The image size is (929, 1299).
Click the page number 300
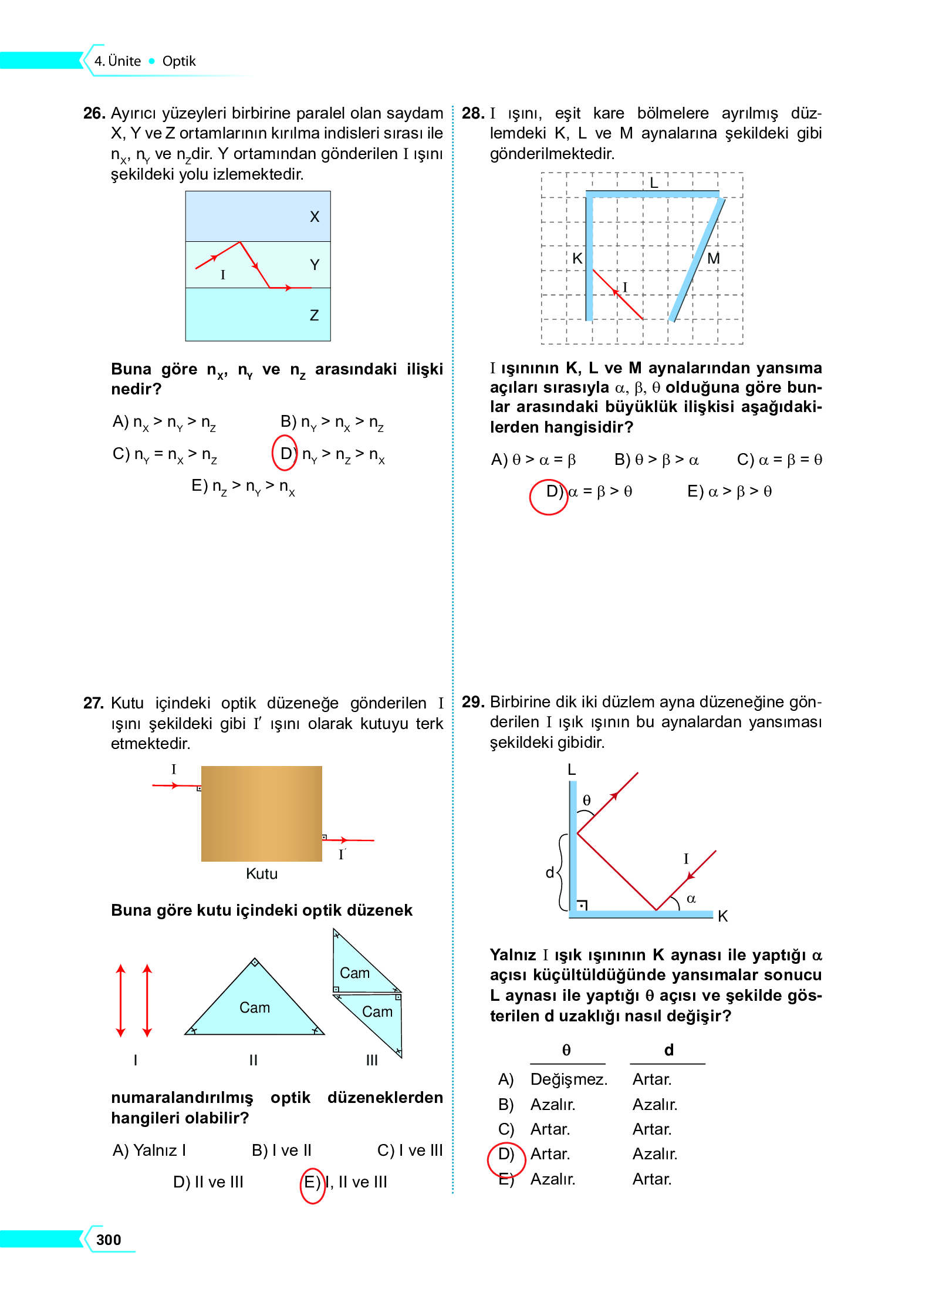pos(109,1239)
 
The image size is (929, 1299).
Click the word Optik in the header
pos(179,62)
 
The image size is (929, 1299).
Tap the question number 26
pos(94,113)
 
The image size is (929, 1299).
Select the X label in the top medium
pos(315,217)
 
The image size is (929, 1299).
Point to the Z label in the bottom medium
pos(315,316)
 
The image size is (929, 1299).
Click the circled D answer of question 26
pos(286,453)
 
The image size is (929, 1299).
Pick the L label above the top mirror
pos(654,183)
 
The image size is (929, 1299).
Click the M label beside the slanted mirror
pos(714,258)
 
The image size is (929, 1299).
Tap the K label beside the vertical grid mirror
pos(577,258)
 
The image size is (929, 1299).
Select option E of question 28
pos(729,491)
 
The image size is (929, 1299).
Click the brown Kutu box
pos(261,814)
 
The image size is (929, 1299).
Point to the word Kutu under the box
pos(262,874)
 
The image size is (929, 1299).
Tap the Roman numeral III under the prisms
pos(372,1060)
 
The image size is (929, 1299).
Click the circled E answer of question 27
pos(312,1182)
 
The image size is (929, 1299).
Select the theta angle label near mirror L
pos(586,801)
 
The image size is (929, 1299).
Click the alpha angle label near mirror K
pos(691,899)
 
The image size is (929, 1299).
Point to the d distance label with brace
pos(550,873)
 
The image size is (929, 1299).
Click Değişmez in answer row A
pos(568,1079)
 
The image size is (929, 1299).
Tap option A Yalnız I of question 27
pos(150,1150)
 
